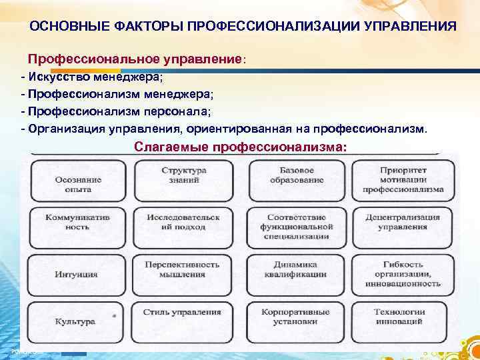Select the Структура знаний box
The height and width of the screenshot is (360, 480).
coord(184,175)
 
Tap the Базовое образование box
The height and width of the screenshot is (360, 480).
coord(297,175)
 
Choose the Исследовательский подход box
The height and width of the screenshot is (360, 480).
coord(184,222)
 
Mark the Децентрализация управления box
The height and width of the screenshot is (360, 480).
coord(403,222)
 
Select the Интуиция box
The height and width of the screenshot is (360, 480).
coord(79,273)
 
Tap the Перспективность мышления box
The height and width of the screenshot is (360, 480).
coord(184,269)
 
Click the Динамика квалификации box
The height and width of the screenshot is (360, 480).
coord(297,269)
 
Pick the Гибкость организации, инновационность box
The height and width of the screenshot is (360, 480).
coord(403,273)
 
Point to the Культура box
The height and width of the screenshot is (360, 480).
coord(79,321)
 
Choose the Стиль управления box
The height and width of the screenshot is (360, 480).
coord(184,313)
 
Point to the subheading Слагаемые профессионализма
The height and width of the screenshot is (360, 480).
coord(240,146)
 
